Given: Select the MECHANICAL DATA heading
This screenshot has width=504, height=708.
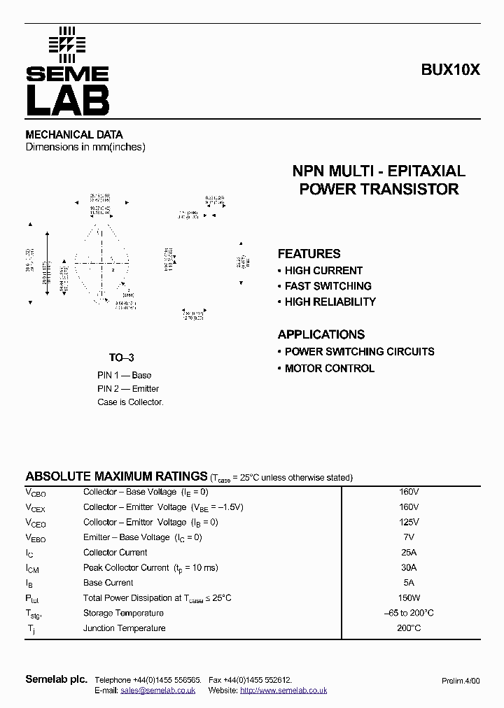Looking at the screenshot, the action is click(74, 134).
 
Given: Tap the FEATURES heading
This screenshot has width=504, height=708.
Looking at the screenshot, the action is click(309, 254).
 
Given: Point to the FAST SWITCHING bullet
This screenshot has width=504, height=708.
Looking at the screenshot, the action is click(328, 286).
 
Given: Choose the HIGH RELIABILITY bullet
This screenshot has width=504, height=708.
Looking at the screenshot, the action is click(330, 302).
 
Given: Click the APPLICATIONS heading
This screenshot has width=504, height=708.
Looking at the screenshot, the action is click(321, 334).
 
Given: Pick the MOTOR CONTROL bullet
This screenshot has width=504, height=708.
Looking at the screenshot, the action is click(329, 369).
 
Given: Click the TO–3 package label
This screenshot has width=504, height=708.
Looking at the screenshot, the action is click(121, 357).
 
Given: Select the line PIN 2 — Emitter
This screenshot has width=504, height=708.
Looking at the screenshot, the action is click(128, 389).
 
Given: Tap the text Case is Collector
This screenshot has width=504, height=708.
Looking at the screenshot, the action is click(130, 402).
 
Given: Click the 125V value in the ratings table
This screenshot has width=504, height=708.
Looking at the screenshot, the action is click(409, 522).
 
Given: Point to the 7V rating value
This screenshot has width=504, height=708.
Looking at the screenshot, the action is click(409, 537).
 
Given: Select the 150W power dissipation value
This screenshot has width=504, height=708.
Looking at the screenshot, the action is click(409, 598).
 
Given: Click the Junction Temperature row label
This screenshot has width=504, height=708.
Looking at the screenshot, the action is click(125, 628).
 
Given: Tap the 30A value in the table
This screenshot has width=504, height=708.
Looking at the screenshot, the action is click(409, 567).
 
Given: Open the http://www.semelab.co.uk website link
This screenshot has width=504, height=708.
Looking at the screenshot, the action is click(283, 691).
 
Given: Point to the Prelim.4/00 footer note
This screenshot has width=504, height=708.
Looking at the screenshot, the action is click(461, 681).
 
